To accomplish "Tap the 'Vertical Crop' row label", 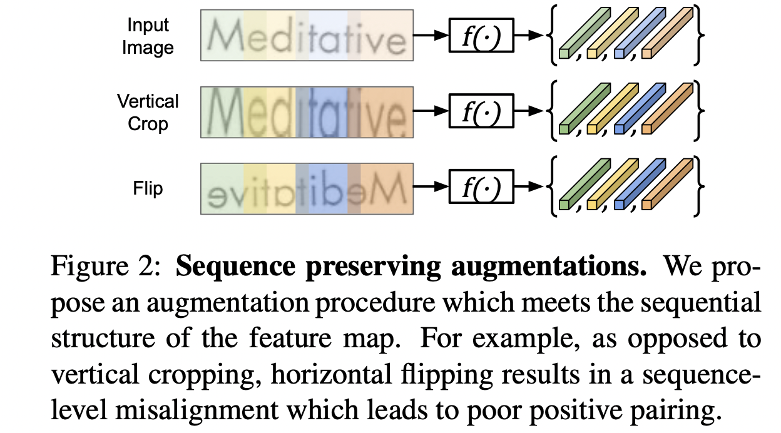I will coord(148,112).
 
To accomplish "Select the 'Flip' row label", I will coord(148,188).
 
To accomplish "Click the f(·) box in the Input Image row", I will coord(481,36).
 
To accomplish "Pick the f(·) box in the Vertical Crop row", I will coord(481,113).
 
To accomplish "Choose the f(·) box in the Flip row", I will coord(481,187).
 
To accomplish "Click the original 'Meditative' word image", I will coord(307,36).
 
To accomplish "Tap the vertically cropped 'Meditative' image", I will coord(307,112).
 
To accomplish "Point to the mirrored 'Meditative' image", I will coord(307,188).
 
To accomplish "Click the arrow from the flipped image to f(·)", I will coord(431,187).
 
